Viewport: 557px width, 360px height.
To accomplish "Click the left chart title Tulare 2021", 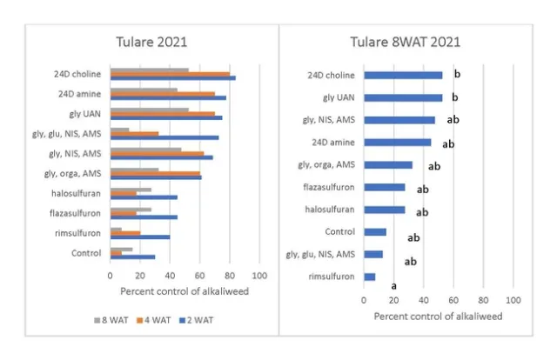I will click(x=152, y=42).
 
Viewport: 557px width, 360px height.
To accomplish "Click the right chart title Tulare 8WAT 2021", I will click(x=405, y=42).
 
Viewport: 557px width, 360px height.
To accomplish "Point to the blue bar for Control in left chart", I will click(x=132, y=257).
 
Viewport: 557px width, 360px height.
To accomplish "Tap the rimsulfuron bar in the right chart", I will click(x=369, y=277).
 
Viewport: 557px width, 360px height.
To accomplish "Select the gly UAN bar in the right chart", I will click(x=403, y=97).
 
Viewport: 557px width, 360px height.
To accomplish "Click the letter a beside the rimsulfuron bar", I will click(x=393, y=285).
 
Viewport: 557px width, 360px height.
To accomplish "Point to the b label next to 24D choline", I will click(x=456, y=76).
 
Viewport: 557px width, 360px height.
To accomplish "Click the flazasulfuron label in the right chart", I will click(x=329, y=187).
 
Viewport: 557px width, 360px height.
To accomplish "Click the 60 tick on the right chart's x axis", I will click(x=453, y=300).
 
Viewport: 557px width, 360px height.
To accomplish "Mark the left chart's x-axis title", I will click(x=184, y=290).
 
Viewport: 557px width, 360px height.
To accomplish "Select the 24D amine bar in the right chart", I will click(x=397, y=142).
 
